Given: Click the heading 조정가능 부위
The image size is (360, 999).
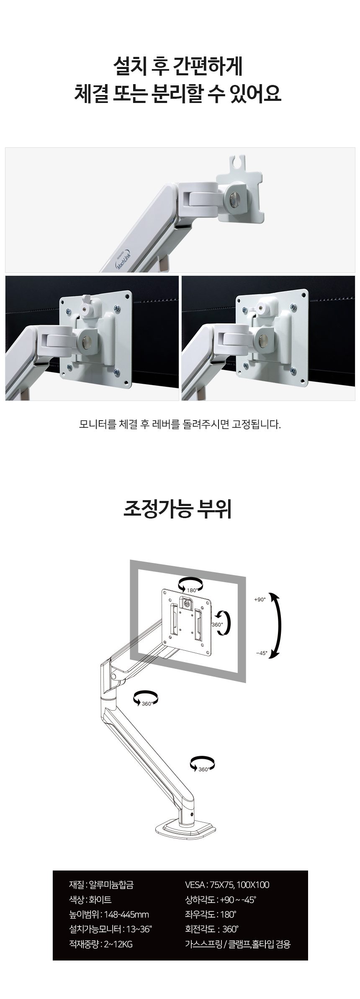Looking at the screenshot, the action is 178,509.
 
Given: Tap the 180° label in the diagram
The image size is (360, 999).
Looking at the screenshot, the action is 193,590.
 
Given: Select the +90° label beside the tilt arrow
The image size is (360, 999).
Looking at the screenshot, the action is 260,599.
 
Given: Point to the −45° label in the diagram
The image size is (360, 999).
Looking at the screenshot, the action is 261,653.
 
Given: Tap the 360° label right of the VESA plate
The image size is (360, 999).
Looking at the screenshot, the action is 217,624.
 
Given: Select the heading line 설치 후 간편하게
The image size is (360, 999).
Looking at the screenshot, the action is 178,67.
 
